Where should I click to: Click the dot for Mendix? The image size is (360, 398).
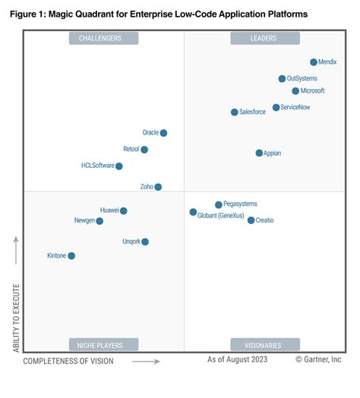pyautogui.click(x=314, y=62)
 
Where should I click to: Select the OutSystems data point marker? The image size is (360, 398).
pyautogui.click(x=282, y=78)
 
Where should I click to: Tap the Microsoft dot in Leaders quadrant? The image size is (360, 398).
pyautogui.click(x=295, y=91)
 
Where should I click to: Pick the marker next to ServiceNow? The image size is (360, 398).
pyautogui.click(x=276, y=108)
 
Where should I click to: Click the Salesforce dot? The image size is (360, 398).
pyautogui.click(x=234, y=112)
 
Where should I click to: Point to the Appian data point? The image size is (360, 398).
pyautogui.click(x=259, y=153)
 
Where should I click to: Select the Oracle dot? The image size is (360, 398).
pyautogui.click(x=163, y=133)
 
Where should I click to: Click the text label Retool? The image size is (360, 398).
pyautogui.click(x=131, y=150)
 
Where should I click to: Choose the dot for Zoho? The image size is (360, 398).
pyautogui.click(x=158, y=187)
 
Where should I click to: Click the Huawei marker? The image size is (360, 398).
pyautogui.click(x=124, y=211)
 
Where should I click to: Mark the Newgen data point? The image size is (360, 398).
pyautogui.click(x=99, y=221)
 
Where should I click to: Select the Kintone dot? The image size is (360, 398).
pyautogui.click(x=71, y=256)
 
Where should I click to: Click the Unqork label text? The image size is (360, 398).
pyautogui.click(x=131, y=242)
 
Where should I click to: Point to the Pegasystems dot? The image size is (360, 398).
pyautogui.click(x=219, y=204)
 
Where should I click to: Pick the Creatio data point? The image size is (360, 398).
pyautogui.click(x=251, y=220)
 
